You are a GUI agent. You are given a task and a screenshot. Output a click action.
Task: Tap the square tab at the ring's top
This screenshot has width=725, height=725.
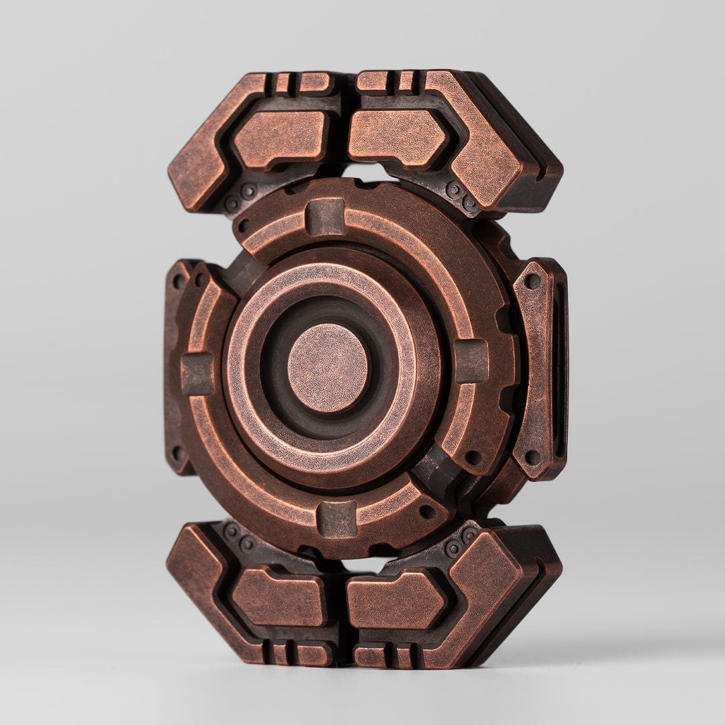tap(326, 217)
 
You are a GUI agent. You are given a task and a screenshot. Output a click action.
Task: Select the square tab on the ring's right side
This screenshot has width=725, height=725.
tap(471, 360)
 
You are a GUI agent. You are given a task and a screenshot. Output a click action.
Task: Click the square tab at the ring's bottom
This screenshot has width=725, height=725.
tap(336, 519)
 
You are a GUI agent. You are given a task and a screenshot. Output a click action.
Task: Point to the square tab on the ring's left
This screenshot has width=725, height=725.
tap(197, 373)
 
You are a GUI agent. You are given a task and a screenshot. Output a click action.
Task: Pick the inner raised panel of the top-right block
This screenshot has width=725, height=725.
tap(397, 136)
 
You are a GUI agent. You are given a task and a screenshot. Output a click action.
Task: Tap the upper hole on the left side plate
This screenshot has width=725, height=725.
tap(179, 281)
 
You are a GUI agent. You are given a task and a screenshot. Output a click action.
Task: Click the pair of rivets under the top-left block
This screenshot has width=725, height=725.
tap(240, 197)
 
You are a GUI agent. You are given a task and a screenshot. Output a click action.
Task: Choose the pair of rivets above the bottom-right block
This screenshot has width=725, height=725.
tap(461, 540)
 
